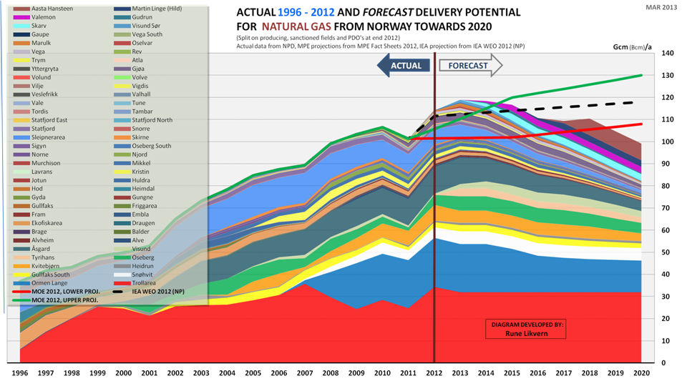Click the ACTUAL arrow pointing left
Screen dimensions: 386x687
(404, 66)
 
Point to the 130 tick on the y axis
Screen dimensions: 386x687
(668, 76)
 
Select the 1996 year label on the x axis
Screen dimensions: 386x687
(20, 373)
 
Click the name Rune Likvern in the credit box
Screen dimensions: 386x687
(527, 334)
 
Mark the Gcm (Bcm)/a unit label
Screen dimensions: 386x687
(632, 46)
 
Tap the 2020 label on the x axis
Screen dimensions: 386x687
(642, 373)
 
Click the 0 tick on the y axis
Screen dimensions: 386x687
(663, 363)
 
